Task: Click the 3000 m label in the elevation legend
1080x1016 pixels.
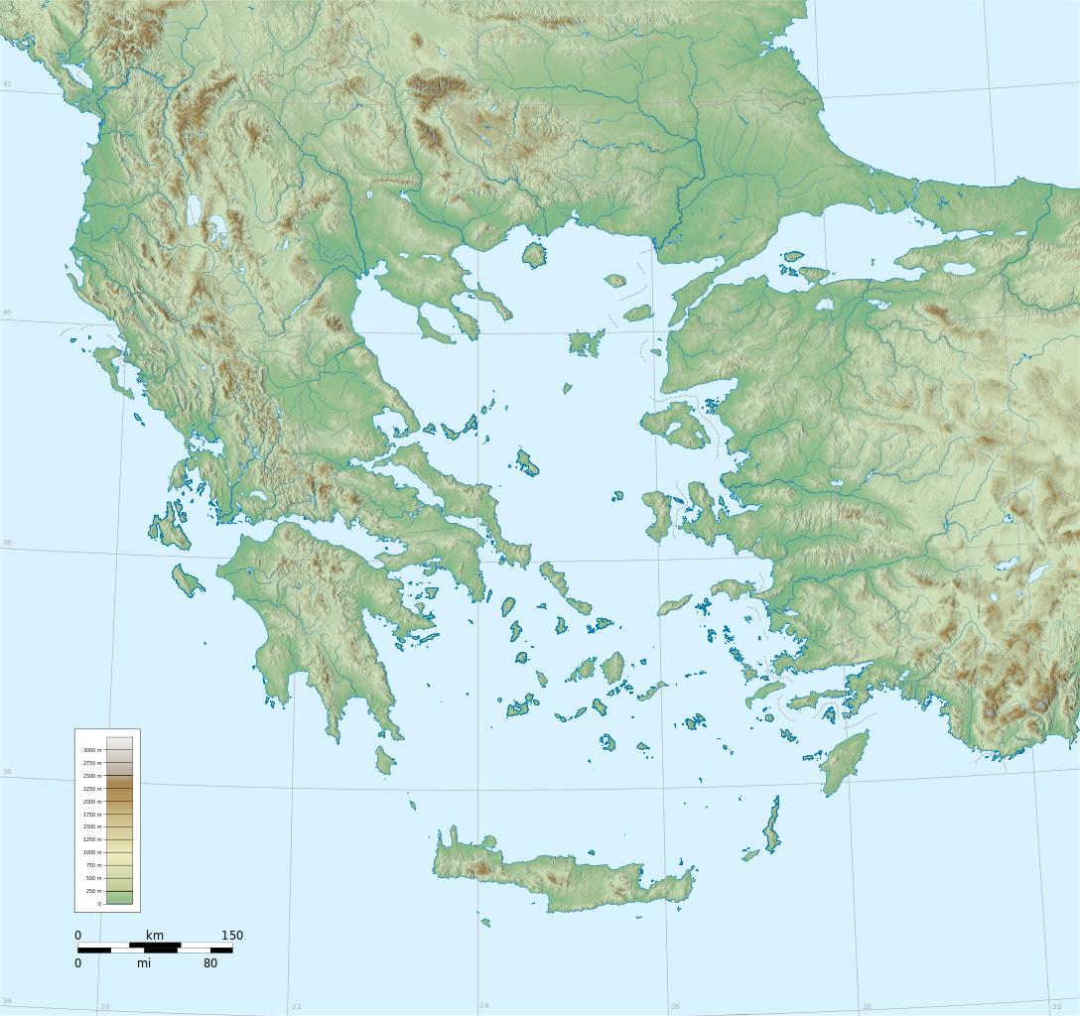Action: [x=90, y=750]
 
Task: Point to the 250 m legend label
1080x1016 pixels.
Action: [x=91, y=891]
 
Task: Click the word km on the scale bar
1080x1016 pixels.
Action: [x=155, y=936]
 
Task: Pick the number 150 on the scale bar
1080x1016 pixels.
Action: [x=231, y=936]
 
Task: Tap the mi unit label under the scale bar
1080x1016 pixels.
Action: [x=145, y=962]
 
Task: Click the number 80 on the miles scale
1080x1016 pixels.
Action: [x=210, y=962]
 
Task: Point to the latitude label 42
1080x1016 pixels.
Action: [x=7, y=84]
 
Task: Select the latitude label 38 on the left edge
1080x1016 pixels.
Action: [x=7, y=543]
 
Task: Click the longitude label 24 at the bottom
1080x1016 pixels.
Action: [x=483, y=1006]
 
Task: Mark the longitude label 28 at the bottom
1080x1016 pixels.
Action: [x=866, y=1006]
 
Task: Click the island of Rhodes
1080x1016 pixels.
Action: [x=843, y=762]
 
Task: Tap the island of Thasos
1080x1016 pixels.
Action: [x=534, y=255]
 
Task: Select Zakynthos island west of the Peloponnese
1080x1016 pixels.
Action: [x=188, y=580]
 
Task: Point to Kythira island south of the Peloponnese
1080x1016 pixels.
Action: [x=385, y=760]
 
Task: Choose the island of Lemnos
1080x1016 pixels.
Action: [x=587, y=343]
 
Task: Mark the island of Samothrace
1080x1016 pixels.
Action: [x=615, y=281]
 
